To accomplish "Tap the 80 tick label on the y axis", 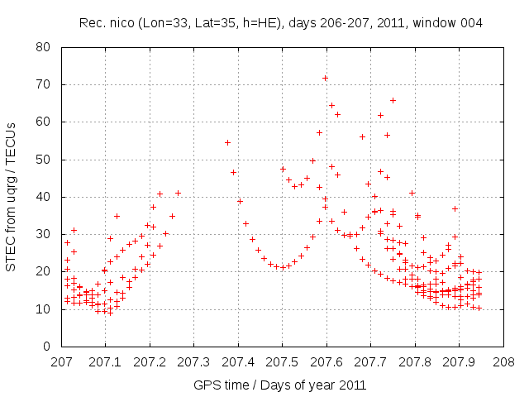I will (46, 47).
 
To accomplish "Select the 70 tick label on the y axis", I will (46, 84).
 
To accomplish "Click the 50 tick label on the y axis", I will (46, 160).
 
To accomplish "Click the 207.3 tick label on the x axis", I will (194, 362).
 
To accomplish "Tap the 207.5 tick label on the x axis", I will (283, 362).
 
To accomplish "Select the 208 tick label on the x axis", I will (503, 362).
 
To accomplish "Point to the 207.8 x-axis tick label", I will (415, 362).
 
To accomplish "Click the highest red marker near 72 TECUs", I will (326, 78).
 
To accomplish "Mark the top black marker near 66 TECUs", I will (393, 100).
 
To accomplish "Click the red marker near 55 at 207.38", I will (227, 142).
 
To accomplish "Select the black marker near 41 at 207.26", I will (178, 193).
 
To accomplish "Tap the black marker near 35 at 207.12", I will (117, 216).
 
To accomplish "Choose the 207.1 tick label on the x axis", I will (106, 362).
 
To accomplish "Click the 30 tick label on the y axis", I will (46, 234).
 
